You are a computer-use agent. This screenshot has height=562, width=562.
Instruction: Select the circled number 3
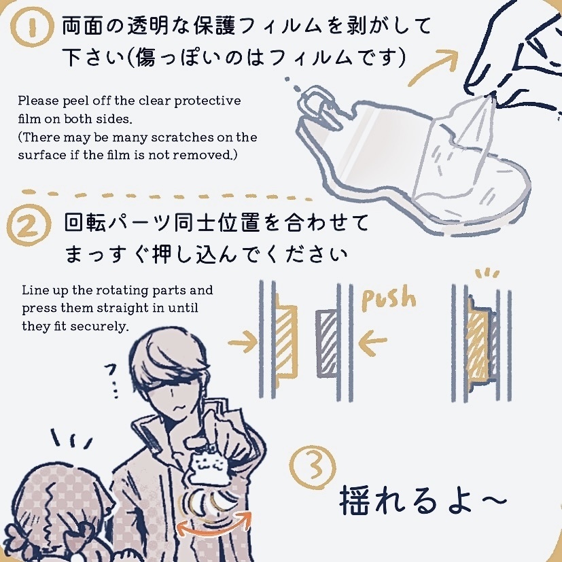pyautogui.click(x=312, y=464)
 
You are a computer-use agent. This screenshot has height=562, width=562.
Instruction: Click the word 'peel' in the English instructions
pyautogui.click(x=72, y=101)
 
